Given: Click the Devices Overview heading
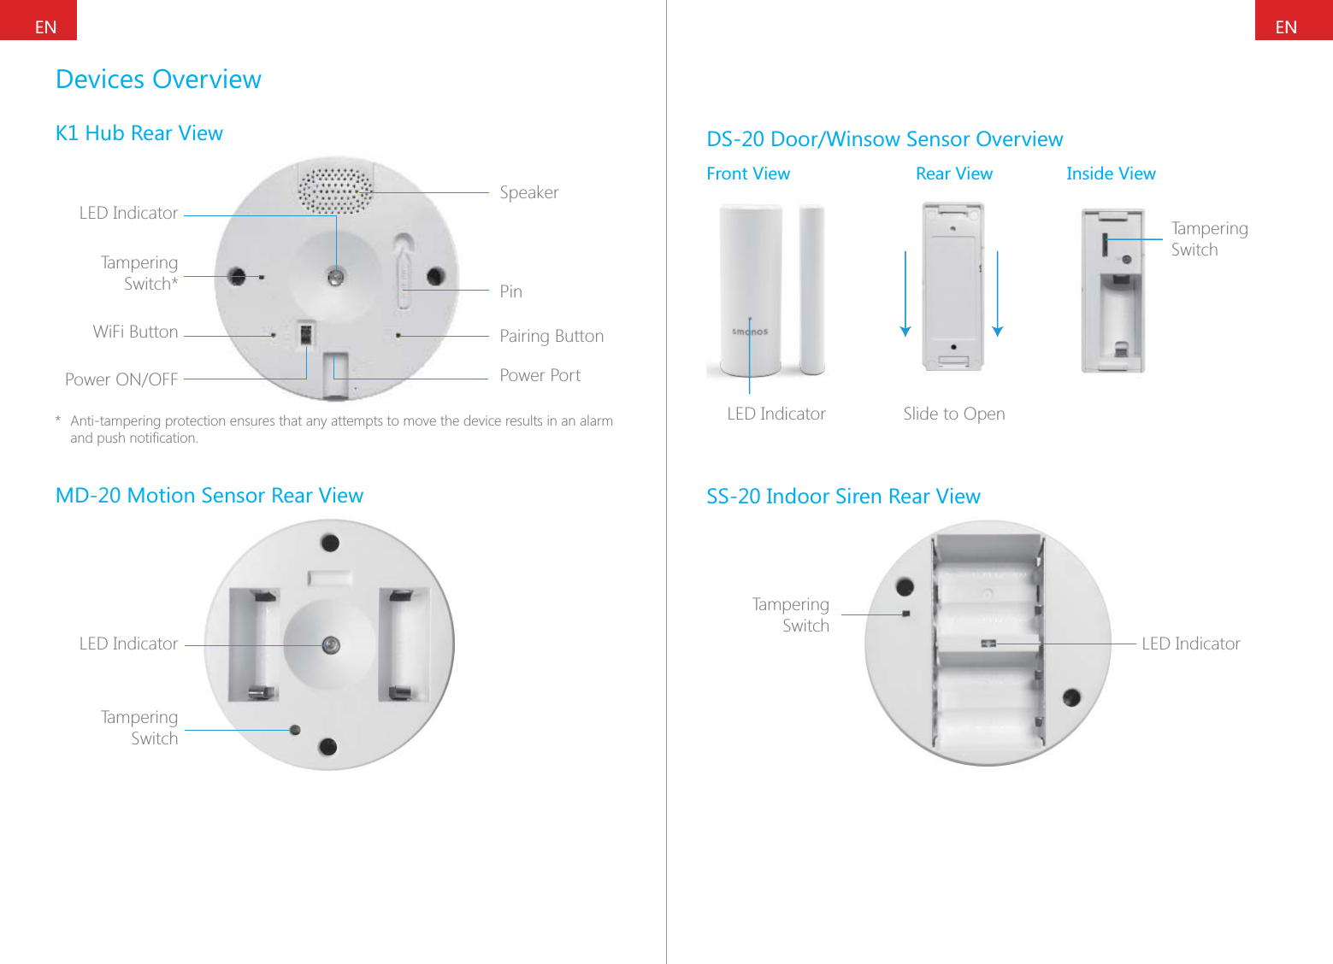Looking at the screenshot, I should tap(158, 79).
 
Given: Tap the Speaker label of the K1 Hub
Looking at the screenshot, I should tap(528, 193).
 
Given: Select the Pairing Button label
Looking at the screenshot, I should tap(551, 336).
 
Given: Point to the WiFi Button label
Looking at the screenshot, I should tap(135, 332).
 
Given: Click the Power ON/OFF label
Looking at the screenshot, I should tap(121, 379).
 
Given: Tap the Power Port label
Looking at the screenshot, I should tap(540, 375).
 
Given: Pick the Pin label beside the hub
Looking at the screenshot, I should tap(510, 291).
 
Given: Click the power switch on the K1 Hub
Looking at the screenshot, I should tap(304, 333).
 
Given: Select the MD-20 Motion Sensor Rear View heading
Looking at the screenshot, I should tap(209, 496).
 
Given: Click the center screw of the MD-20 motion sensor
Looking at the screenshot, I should tap(331, 645).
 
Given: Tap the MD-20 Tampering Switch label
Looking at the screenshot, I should tap(139, 727).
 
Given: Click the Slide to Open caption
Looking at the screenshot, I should tap(953, 414).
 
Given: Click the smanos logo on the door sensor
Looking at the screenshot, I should tap(749, 332).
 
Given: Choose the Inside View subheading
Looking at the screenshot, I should tap(1110, 173).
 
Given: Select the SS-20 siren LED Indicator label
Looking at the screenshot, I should tap(1190, 644).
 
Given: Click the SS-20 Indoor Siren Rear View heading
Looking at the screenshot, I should tap(842, 497).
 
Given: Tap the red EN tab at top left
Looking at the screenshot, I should tap(38, 21).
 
